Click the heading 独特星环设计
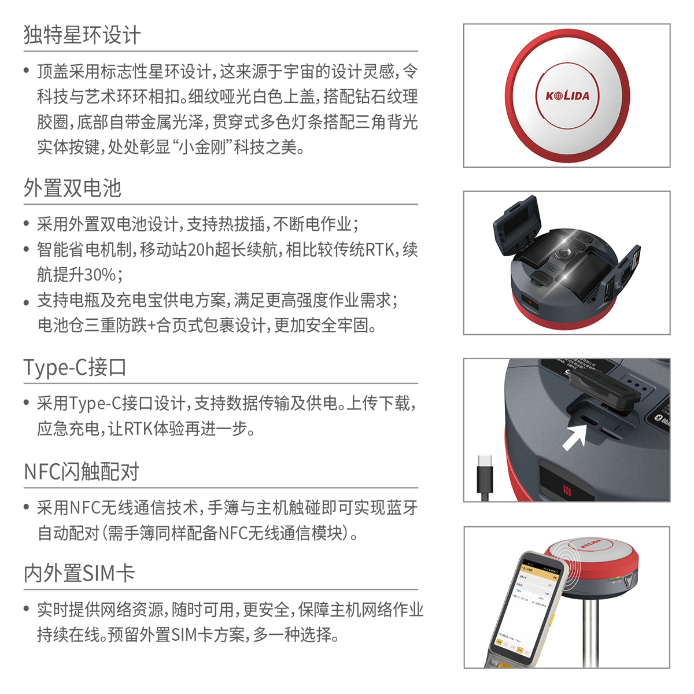click(x=82, y=35)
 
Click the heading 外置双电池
click(x=72, y=187)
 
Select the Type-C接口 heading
click(x=75, y=367)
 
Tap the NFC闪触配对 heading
click(x=82, y=471)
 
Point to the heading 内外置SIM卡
click(x=79, y=573)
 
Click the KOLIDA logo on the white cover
click(x=567, y=96)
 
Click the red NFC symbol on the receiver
click(x=567, y=490)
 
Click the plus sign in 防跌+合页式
click(x=152, y=326)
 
